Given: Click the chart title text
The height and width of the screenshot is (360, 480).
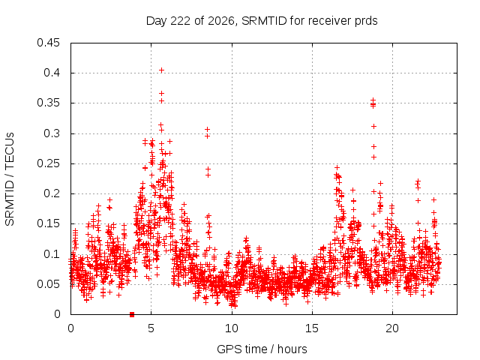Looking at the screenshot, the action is point(262,21).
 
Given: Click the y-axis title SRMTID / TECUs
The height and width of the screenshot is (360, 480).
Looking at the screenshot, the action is point(10,179).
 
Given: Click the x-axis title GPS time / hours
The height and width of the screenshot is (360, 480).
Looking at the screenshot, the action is point(262,349).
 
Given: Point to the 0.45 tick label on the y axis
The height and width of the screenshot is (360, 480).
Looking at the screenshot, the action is point(48,43).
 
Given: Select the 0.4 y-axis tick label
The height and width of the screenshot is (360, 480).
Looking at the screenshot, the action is point(52,73).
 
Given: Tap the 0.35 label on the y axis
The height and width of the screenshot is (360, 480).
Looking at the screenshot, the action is point(48,103).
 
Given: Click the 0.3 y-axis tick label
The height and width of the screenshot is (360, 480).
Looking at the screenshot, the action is point(52,133).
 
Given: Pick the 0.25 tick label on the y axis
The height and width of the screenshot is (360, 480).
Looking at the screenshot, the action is point(48,163).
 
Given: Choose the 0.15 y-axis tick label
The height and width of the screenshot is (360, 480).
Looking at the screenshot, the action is point(48,223).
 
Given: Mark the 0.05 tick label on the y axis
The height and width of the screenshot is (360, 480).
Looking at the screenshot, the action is point(48,284).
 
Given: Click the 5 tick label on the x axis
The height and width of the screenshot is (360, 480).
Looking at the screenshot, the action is point(151,328).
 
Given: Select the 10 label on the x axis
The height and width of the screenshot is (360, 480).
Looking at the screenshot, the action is point(232,328).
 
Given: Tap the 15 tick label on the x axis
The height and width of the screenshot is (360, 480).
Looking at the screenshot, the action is point(312,328).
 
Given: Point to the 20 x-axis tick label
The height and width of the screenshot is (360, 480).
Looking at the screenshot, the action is point(392,328).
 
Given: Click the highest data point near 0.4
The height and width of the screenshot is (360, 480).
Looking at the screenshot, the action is point(162,70).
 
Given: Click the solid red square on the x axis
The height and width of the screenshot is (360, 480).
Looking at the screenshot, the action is point(132,314).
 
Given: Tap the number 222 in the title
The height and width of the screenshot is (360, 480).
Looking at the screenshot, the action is point(180,21).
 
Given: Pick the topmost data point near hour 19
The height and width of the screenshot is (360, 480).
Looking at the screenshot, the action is point(373,100).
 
